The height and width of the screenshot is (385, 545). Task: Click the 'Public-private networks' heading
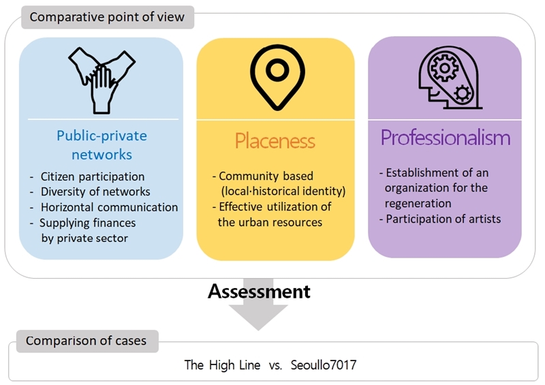[x=102, y=144]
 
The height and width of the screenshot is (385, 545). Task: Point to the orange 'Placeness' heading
[x=275, y=141]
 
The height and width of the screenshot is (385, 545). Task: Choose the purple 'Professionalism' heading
[x=445, y=138]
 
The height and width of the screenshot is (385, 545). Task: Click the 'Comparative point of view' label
[x=107, y=16]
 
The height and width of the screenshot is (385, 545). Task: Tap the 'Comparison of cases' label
[x=86, y=340]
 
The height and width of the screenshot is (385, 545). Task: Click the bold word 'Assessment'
[x=259, y=292]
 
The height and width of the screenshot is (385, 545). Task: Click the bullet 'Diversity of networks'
[x=95, y=192]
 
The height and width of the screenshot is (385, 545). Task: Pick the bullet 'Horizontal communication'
[x=109, y=207]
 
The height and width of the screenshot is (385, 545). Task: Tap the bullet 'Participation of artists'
[x=443, y=219]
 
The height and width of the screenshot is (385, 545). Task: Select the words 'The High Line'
[x=222, y=365]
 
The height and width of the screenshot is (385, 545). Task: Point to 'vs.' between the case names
[x=275, y=365]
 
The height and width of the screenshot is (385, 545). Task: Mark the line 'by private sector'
[x=84, y=238]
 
